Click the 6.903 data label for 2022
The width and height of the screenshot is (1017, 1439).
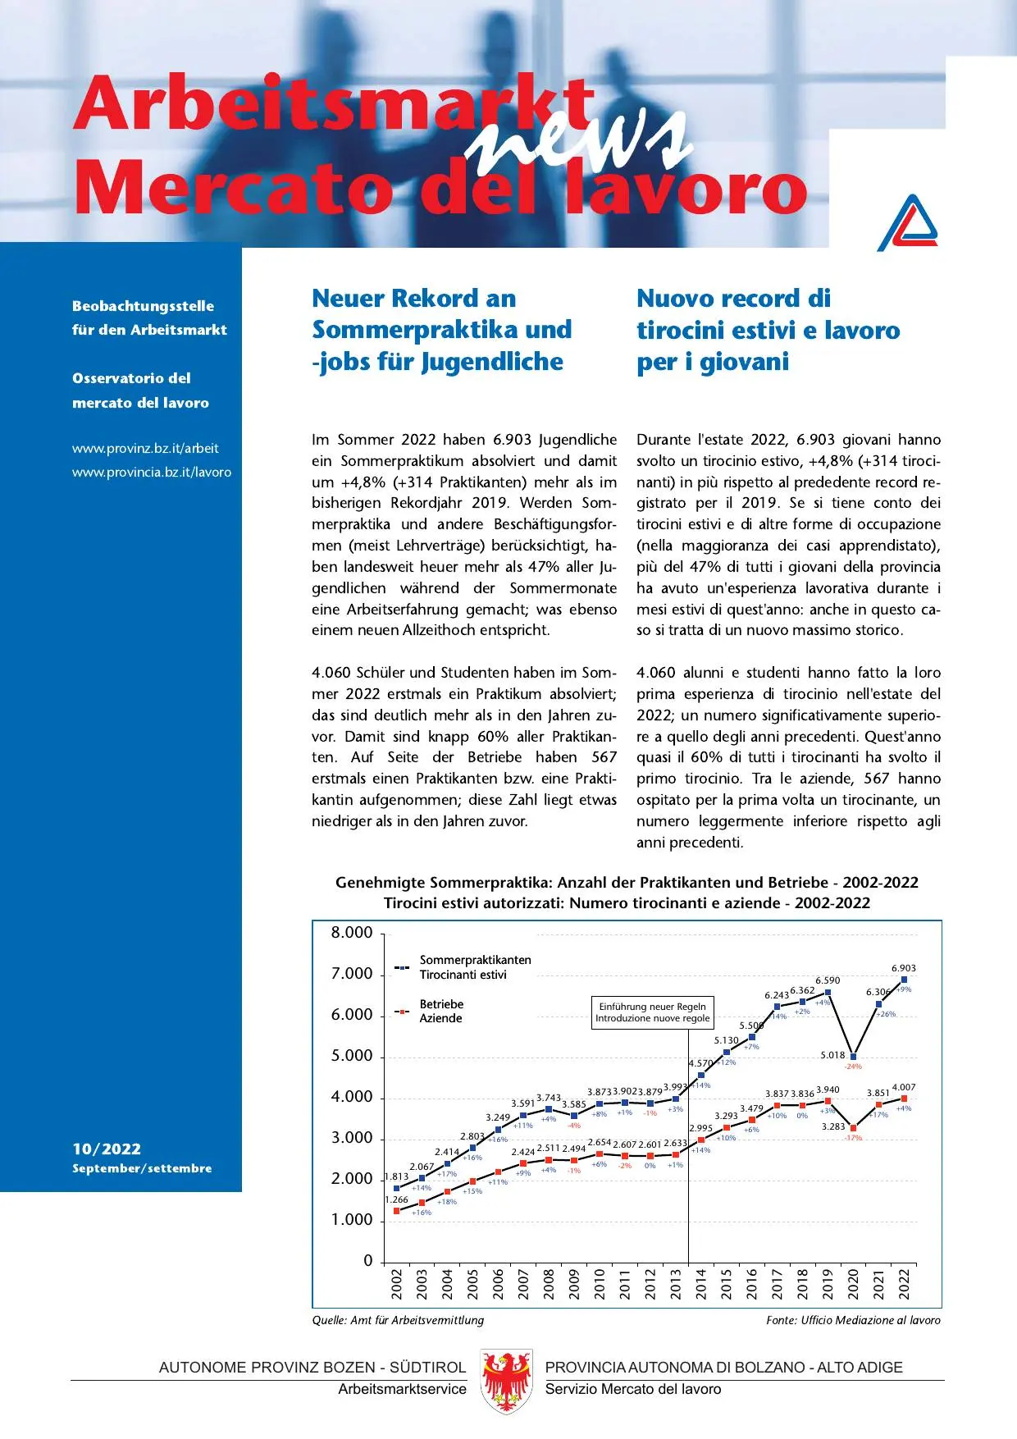pos(903,968)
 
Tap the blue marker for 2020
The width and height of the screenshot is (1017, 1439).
pos(853,1057)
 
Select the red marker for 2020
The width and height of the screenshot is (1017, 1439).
pos(853,1128)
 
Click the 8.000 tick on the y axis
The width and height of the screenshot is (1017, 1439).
pos(351,933)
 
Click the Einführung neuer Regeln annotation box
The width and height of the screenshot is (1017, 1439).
pos(652,1012)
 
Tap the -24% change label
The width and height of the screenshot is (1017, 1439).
pos(853,1067)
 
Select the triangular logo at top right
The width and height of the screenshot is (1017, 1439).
pos(909,222)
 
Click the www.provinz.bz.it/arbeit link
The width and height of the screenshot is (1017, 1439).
pos(145,448)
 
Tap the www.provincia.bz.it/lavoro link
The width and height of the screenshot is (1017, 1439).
pos(152,472)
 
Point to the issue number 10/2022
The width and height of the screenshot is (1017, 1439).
pos(107,1149)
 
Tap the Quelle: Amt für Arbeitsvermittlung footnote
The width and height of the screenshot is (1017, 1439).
pos(398,1320)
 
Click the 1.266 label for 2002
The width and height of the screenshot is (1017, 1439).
pos(396,1199)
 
